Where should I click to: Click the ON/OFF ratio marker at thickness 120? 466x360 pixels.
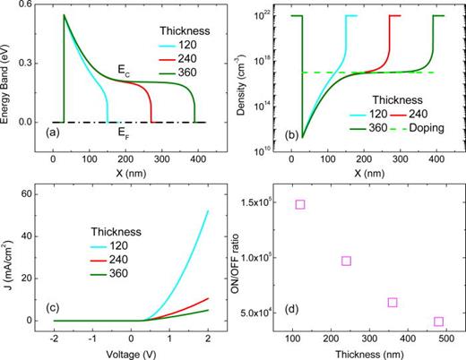[x=300, y=204]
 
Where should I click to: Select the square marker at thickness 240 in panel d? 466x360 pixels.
[x=346, y=261]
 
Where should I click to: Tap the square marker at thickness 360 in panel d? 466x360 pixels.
[x=393, y=302]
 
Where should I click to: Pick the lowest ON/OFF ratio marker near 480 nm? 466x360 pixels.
[x=438, y=321]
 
